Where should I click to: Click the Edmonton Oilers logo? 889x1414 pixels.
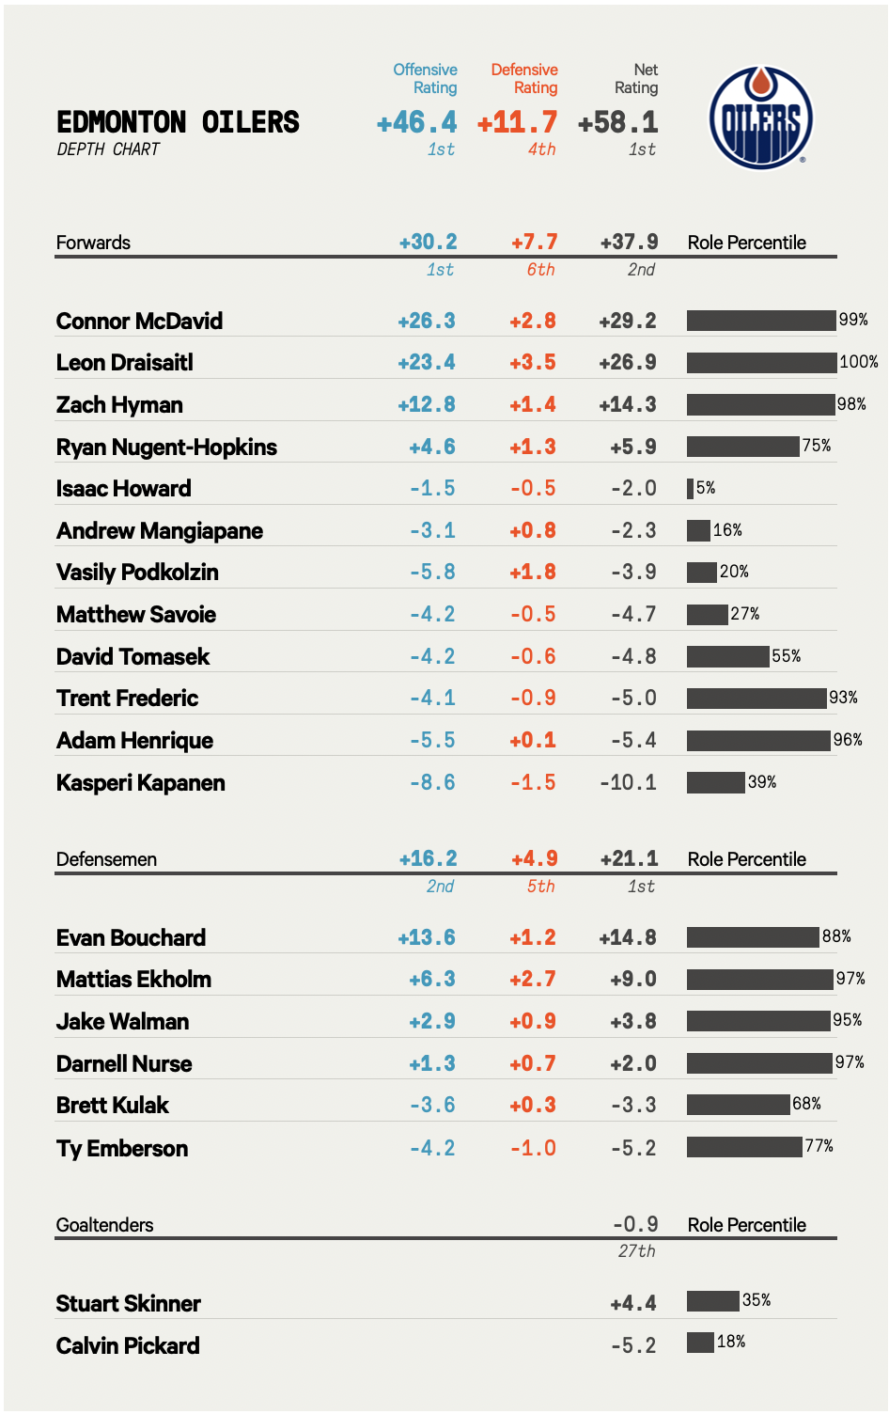(760, 118)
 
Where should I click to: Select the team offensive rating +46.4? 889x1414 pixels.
(416, 122)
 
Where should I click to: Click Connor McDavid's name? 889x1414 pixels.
(139, 322)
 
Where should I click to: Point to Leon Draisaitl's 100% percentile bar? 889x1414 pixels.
(761, 362)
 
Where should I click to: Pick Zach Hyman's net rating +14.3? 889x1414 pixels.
(628, 405)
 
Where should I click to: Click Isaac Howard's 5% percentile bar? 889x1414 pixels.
(690, 488)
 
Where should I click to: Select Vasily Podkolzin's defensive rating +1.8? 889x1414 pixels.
(533, 573)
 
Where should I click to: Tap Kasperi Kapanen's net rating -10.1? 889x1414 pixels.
(628, 782)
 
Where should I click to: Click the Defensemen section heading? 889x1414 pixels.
(106, 859)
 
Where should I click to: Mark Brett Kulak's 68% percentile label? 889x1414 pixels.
(807, 1104)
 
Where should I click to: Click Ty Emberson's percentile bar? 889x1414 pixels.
(744, 1147)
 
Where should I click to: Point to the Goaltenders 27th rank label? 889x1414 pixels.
(636, 1251)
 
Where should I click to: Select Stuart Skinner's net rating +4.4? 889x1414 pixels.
(632, 1304)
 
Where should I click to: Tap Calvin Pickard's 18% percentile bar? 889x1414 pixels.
(700, 1343)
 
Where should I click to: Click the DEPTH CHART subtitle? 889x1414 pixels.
(108, 149)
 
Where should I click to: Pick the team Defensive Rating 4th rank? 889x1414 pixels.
(541, 149)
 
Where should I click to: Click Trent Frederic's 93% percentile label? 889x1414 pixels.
(843, 698)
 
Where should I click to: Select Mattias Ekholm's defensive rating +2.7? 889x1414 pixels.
(533, 980)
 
